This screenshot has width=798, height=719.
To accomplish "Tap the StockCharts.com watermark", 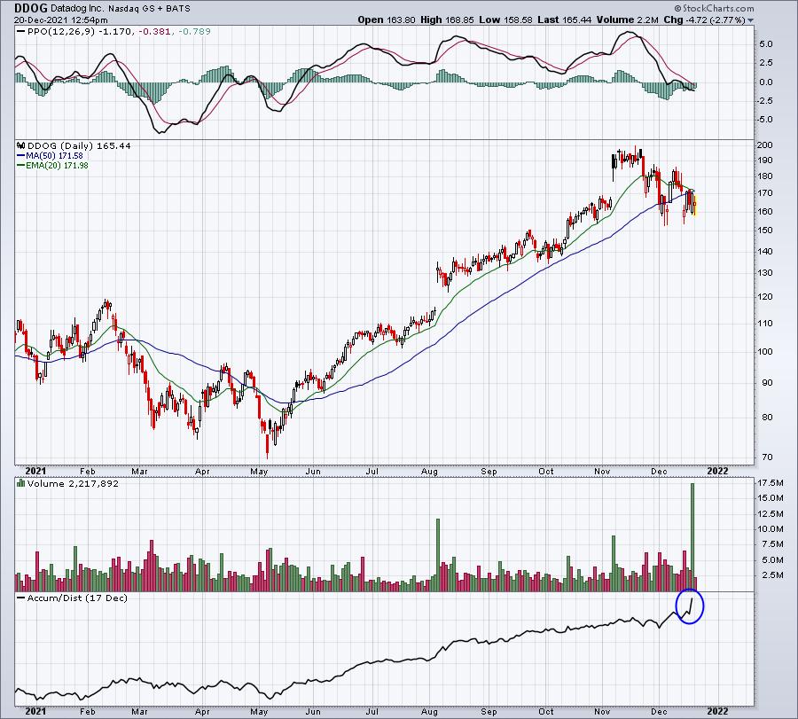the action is [714, 8].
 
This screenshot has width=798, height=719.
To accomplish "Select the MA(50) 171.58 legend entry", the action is [50, 156].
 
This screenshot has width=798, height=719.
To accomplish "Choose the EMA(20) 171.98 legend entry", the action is [52, 166].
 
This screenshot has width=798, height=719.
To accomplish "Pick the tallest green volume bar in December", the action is [692, 537].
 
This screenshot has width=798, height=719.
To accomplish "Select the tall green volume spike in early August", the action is [438, 555].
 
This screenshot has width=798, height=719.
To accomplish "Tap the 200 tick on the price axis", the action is [765, 145].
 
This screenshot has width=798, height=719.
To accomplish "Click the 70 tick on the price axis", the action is [766, 457].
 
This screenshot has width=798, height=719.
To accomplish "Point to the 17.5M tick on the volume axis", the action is [770, 483].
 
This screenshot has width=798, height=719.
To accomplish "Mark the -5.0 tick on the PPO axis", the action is [765, 120].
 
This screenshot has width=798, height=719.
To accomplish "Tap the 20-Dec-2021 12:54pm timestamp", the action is [60, 20].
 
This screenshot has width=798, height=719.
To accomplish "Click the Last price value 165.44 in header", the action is [577, 20].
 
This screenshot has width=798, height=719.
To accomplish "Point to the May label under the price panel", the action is [259, 471].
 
